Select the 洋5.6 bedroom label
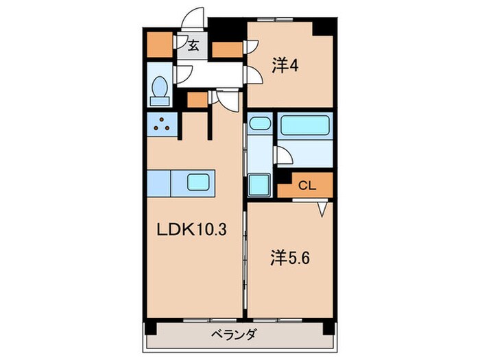click(x=285, y=259)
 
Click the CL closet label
click(x=306, y=184)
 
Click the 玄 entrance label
click(x=193, y=47)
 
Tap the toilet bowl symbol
click(x=159, y=88)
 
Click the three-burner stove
click(x=163, y=125)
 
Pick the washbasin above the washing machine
click(x=259, y=124)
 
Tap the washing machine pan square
click(x=259, y=184)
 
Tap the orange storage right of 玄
click(x=228, y=49)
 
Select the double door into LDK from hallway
click(x=226, y=99)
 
